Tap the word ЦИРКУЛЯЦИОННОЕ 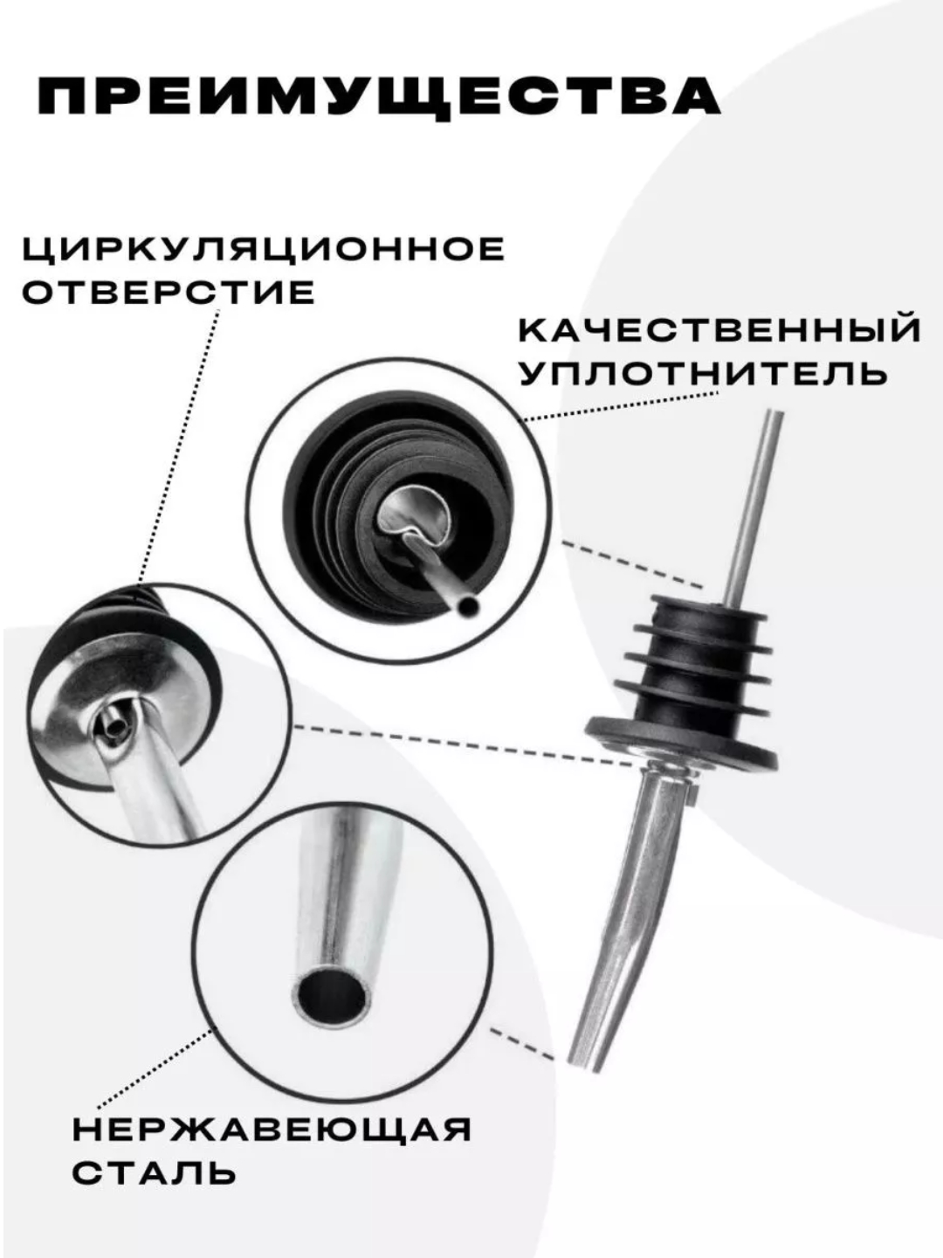coord(264,251)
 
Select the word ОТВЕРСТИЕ coord(169,293)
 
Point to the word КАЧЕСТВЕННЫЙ coord(719,330)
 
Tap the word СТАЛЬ coord(154,1172)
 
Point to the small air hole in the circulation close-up coord(115,726)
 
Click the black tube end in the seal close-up coord(469,605)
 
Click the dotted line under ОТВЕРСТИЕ coord(178,448)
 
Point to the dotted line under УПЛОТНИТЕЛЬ coord(620,406)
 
